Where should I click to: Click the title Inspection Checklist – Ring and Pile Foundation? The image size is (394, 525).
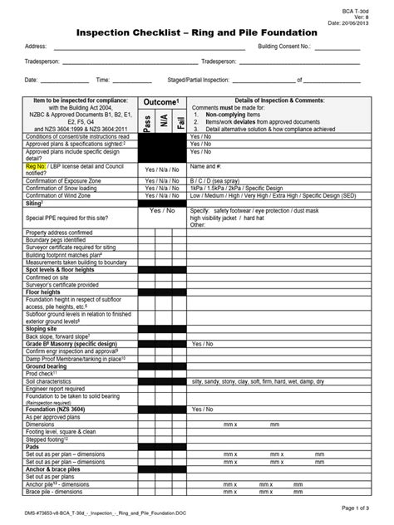tap(196, 31)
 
